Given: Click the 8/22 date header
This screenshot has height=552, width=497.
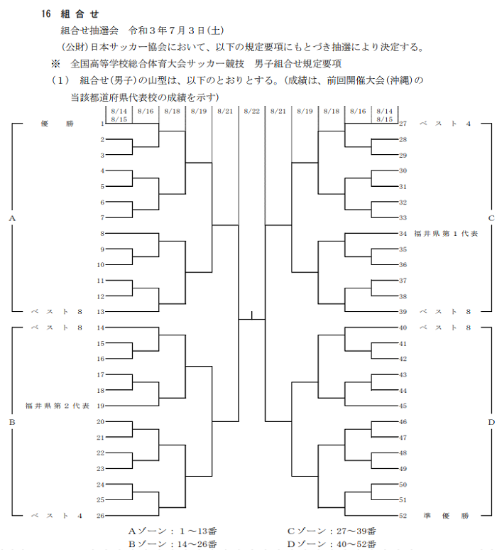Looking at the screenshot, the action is point(252,112).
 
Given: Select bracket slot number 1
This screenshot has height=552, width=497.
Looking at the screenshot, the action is point(102,124).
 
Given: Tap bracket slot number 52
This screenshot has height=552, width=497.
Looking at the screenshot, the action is point(403,516).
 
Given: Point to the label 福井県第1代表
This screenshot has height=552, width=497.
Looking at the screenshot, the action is point(446,234).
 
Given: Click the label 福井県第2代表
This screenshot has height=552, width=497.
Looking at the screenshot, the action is point(58,406).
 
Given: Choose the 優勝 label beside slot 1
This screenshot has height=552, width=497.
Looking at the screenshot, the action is point(57,124).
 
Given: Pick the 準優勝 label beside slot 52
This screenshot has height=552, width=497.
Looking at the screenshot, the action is point(446,516).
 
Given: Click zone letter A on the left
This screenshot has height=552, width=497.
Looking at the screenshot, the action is point(12,218).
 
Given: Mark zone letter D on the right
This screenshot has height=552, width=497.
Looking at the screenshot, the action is point(491,422).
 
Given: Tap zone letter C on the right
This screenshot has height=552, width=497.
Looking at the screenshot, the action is point(491,218).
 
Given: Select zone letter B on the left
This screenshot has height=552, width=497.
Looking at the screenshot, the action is point(12,422).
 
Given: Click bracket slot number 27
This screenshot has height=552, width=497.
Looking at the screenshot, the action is point(403,124).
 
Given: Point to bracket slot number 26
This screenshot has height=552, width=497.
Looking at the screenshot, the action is point(101,516).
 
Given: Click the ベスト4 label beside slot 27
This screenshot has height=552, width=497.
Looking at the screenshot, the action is point(445,124).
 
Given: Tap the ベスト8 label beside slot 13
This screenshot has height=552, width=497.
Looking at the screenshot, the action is point(57,312).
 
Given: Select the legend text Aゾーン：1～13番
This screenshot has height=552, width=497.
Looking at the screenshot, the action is point(173,531).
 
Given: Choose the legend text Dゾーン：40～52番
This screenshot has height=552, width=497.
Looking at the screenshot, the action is point(332,544).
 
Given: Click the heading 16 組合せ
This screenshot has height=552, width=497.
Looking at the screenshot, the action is point(70,14).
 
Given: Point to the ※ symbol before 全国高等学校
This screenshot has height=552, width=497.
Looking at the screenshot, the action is point(55,64).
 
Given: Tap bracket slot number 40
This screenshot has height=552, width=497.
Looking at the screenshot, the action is point(403,328).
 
